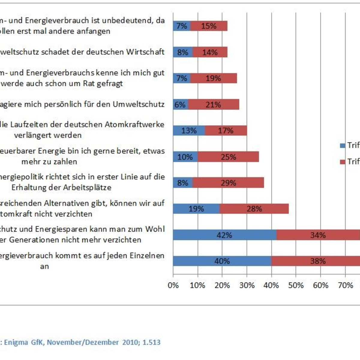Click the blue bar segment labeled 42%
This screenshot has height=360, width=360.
pyautogui.click(x=224, y=235)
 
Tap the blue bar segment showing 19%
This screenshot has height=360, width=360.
pyautogui.click(x=196, y=209)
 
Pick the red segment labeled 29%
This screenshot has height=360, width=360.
pyautogui.click(x=228, y=183)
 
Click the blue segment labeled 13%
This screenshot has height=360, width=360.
pyautogui.click(x=189, y=131)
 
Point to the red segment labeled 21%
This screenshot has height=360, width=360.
pyautogui.click(x=213, y=105)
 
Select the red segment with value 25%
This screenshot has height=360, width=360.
pyautogui.click(x=228, y=157)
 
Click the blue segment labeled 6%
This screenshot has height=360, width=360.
pyautogui.click(x=180, y=105)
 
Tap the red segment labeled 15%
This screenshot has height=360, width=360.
pyautogui.click(x=209, y=26)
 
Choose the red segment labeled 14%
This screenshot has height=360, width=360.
pyautogui.click(x=210, y=52)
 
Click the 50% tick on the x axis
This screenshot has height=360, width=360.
pyautogui.click(x=296, y=285)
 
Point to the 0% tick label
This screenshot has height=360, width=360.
pyautogui.click(x=173, y=285)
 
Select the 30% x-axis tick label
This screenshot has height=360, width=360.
pyautogui.click(x=247, y=285)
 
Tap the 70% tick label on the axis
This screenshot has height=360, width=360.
pyautogui.click(x=345, y=285)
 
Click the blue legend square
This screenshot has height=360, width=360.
pyautogui.click(x=342, y=146)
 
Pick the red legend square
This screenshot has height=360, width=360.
pyautogui.click(x=342, y=162)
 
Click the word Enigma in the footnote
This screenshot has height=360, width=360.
pyautogui.click(x=16, y=342)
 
